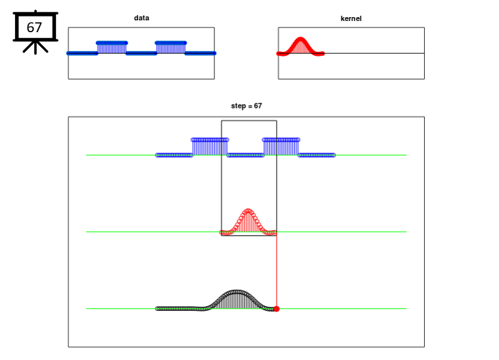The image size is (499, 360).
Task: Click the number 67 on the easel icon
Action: tap(34, 28)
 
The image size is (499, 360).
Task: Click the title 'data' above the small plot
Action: tap(141, 18)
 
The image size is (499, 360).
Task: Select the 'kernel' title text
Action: tap(351, 18)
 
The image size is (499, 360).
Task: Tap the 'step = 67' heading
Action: tap(247, 106)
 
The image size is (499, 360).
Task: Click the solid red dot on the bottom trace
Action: tap(277, 309)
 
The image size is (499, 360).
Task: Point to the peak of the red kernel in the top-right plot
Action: tap(300, 39)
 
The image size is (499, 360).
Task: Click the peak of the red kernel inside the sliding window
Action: tap(249, 210)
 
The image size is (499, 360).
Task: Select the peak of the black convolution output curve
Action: tap(236, 291)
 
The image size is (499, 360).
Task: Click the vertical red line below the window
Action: tap(277, 271)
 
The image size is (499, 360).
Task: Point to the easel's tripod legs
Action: tap(36, 47)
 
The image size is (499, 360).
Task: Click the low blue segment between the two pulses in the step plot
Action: tap(245, 155)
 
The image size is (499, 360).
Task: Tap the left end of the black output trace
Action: tap(157, 309)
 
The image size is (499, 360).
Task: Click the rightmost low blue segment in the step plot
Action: tap(317, 155)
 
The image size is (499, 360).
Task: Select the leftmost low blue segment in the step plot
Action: tap(174, 155)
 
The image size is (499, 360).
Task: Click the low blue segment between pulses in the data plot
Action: tap(141, 53)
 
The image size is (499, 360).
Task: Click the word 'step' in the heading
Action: tap(239, 106)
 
